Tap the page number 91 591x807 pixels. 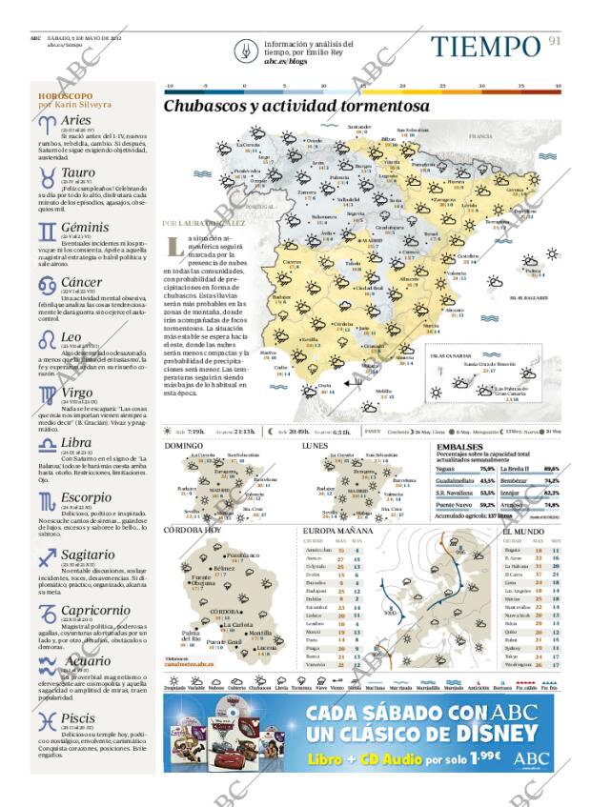point(555,41)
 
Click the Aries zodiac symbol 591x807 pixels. point(47,122)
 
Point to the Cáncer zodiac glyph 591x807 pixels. point(47,284)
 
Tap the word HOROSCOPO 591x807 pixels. point(66,96)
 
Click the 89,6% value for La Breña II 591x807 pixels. point(551,469)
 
